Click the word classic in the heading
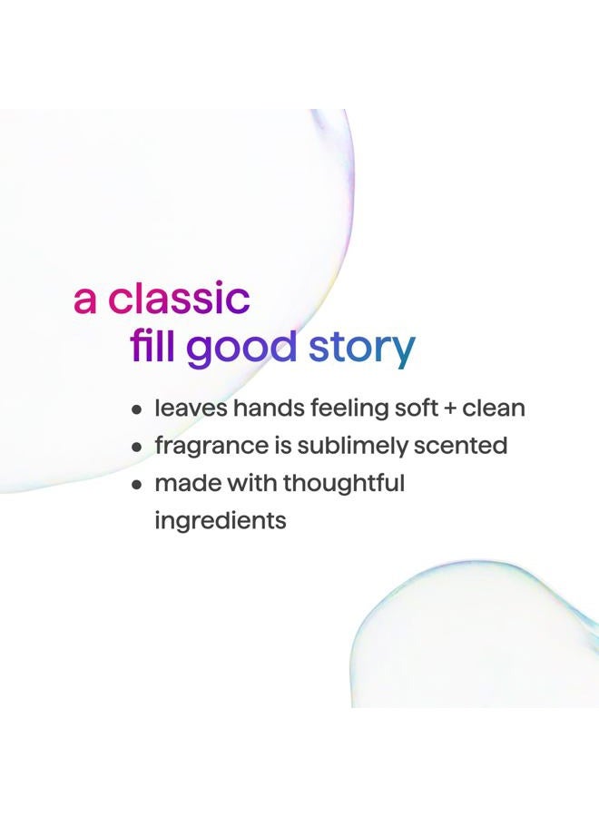coord(179,299)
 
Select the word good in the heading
coord(241,348)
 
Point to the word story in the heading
coord(361,348)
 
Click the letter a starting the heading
coord(84,300)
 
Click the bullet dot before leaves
coord(137,409)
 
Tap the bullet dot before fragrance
coord(137,447)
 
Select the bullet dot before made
coord(137,484)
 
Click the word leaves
coord(191,408)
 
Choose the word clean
coord(494,408)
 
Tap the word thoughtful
coord(343,484)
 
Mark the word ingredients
coord(221,522)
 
